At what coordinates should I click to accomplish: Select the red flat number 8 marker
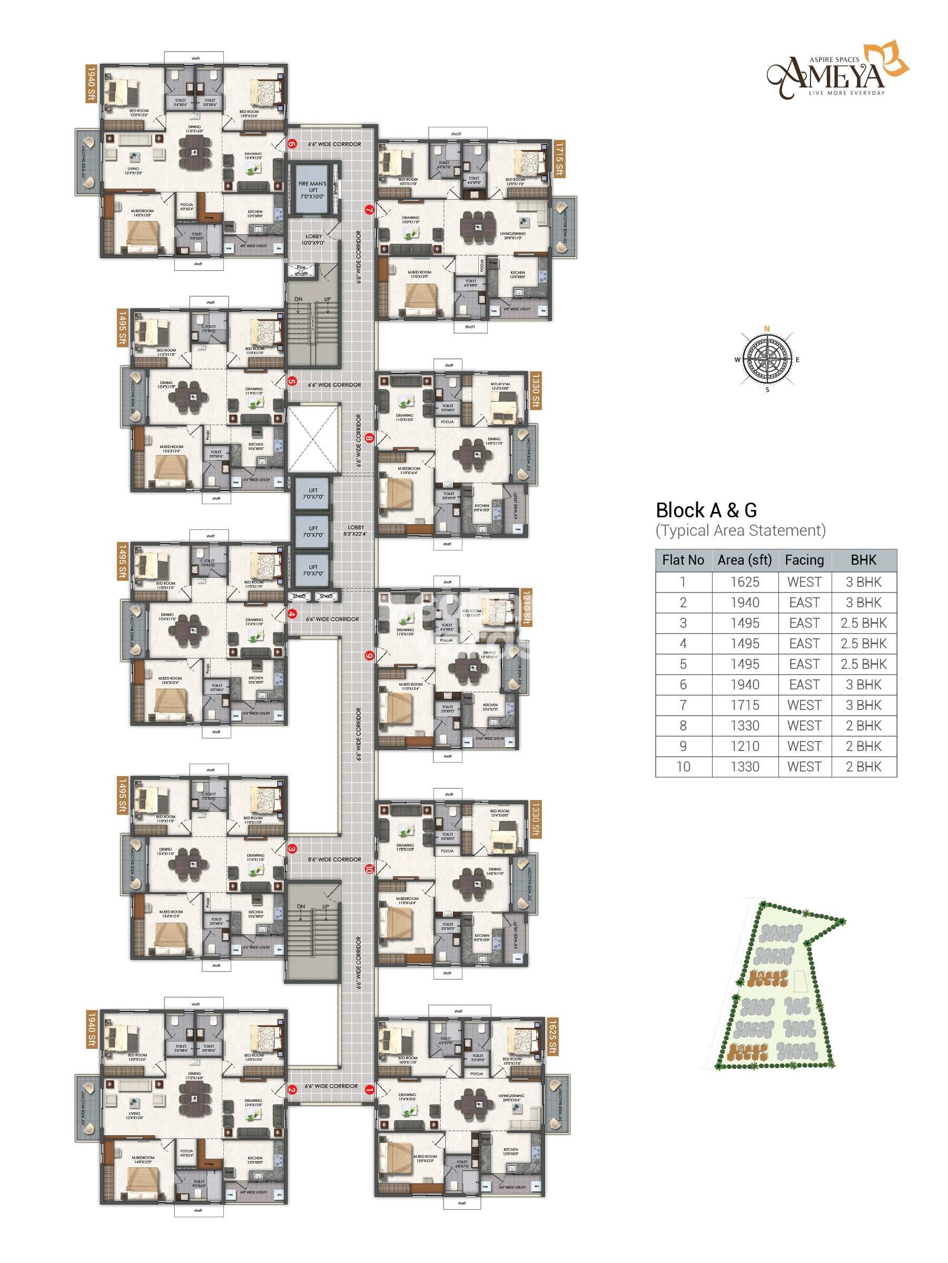point(369,438)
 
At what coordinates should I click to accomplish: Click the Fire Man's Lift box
point(312,190)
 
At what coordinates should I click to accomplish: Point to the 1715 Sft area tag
point(559,159)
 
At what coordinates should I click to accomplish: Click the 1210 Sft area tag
point(526,607)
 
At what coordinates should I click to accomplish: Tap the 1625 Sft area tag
point(552,1036)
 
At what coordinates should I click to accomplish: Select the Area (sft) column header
point(745,560)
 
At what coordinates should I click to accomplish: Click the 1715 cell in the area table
point(745,705)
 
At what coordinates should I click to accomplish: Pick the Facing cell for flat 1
point(804,582)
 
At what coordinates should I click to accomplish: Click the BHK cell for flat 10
point(863,767)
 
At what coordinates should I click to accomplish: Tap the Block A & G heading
point(706,510)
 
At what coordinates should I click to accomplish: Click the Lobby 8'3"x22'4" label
point(355,530)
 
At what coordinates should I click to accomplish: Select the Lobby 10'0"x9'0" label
point(313,239)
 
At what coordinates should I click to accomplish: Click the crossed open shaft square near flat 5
point(312,438)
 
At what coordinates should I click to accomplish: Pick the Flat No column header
point(683,560)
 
